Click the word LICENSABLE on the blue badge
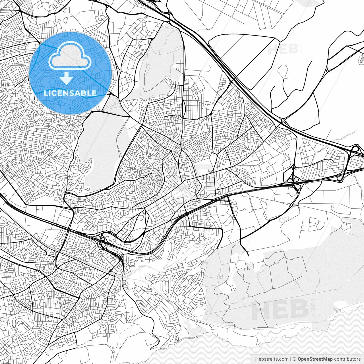[x=70, y=93]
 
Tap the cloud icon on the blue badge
[x=70, y=55]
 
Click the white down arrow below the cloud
[x=67, y=78]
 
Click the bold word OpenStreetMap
[x=315, y=359]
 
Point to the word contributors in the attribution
[x=347, y=359]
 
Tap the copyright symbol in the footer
[x=294, y=359]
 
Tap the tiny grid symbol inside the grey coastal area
[x=220, y=276]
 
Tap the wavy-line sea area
[x=256, y=347]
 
